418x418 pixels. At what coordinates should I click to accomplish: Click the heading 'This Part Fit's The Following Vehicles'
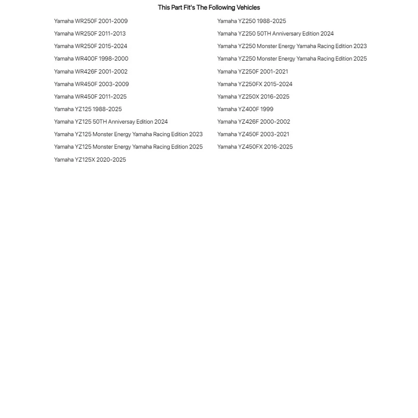point(209,7)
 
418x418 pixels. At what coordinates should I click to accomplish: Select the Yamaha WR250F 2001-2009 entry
point(91,21)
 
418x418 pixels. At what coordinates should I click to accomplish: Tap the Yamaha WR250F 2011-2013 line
point(90,34)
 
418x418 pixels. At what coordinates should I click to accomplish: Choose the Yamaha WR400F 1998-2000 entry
point(91,58)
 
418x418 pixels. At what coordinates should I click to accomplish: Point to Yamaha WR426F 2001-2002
point(91,71)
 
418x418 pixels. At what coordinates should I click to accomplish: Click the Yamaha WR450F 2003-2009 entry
point(91,84)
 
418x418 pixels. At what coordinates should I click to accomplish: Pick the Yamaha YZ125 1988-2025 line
point(88,109)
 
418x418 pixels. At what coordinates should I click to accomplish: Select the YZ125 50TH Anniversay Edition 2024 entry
point(111,121)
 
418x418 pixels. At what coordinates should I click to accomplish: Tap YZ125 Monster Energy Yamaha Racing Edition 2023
point(128,134)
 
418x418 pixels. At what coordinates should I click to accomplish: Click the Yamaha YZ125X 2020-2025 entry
point(90,160)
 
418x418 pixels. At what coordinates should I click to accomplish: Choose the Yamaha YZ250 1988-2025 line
point(252,21)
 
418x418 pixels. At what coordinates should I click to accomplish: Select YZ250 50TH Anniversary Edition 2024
point(275,34)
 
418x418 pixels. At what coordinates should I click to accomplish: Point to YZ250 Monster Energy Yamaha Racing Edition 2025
point(292,58)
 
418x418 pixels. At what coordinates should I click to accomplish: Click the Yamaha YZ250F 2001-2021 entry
point(253,71)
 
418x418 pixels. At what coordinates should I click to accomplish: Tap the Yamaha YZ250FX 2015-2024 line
point(255,84)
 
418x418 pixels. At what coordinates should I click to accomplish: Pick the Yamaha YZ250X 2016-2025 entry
point(253,97)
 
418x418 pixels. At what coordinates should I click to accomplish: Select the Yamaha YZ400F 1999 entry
point(245,109)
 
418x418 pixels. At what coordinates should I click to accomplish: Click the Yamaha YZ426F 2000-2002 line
point(253,121)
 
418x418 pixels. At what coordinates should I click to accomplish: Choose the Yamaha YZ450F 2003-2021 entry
point(253,134)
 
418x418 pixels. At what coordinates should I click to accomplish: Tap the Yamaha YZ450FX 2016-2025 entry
point(255,147)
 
